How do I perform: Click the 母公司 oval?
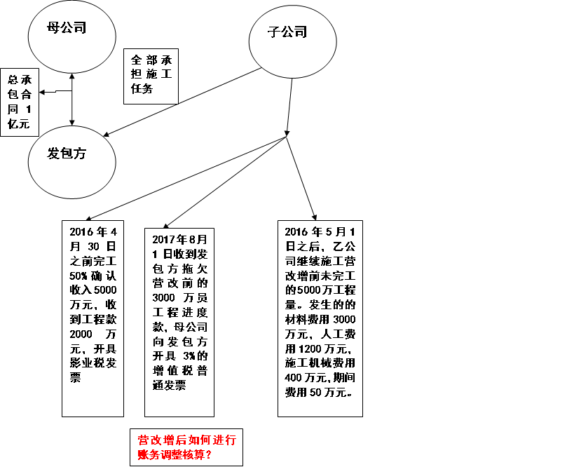[x=71, y=32]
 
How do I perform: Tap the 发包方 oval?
[x=71, y=156]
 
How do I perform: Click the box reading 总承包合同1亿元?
[x=20, y=102]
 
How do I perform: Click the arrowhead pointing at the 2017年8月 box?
[x=167, y=225]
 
